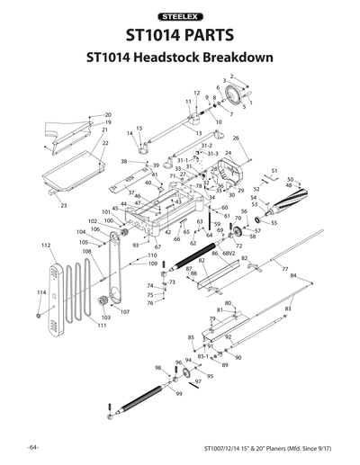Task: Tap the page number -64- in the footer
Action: (x=32, y=447)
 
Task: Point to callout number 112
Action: (x=45, y=245)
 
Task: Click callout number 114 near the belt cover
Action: (x=40, y=293)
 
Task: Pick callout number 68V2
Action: (x=229, y=255)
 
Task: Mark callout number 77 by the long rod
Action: (x=284, y=269)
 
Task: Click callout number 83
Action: (x=288, y=309)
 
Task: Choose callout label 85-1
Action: (x=202, y=356)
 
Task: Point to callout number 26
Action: (x=236, y=138)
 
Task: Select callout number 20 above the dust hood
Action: (x=108, y=115)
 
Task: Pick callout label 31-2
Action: (x=206, y=146)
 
